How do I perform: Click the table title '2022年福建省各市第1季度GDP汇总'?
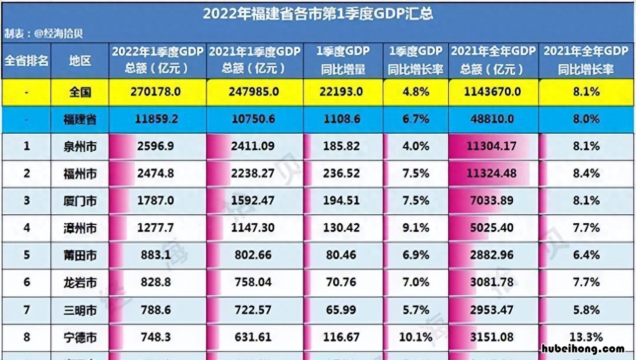click(318, 13)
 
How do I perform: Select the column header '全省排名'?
click(26, 61)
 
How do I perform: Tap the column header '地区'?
click(80, 61)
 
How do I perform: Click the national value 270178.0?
click(158, 92)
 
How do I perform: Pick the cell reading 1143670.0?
click(493, 92)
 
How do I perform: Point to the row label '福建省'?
click(80, 119)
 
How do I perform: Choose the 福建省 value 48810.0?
click(493, 119)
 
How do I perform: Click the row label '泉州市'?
click(80, 146)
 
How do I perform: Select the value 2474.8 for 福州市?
click(158, 174)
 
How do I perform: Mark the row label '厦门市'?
click(80, 201)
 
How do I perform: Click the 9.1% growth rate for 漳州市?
click(415, 228)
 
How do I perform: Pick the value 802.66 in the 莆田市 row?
click(254, 255)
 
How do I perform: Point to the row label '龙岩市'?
click(80, 282)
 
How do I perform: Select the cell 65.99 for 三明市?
click(341, 310)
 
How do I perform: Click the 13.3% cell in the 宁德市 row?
click(586, 337)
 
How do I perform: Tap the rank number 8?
click(26, 337)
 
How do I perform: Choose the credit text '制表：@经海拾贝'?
click(43, 34)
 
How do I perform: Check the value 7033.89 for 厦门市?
click(493, 201)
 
